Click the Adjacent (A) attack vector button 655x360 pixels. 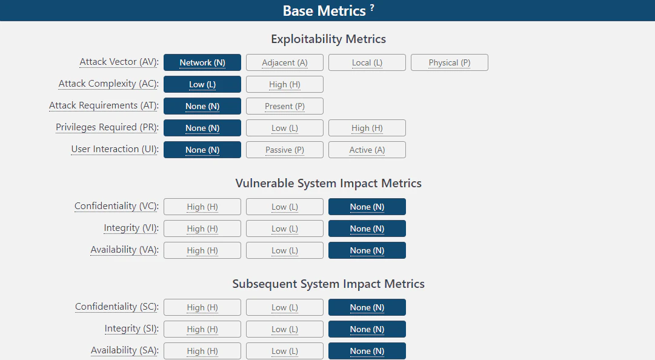(284, 62)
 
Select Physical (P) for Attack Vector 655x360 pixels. (450, 62)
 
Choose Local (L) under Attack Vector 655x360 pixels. (367, 62)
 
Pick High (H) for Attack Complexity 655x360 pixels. (284, 84)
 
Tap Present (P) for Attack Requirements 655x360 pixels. (284, 106)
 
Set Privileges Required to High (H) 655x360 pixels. (367, 128)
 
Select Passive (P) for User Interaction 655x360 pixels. (284, 150)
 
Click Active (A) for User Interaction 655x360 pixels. (367, 150)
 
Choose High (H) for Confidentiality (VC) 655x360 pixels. (202, 207)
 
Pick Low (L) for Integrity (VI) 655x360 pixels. (284, 228)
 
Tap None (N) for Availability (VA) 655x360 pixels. (367, 250)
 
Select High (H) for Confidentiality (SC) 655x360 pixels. (202, 307)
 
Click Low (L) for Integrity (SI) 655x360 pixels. (284, 329)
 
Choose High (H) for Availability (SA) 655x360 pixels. (202, 352)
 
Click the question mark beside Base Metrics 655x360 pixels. (372, 7)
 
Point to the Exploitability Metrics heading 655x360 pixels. (328, 39)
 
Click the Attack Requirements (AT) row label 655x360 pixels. (104, 105)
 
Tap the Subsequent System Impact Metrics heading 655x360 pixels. (328, 284)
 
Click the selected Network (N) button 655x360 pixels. (202, 62)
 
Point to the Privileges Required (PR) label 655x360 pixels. (107, 127)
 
